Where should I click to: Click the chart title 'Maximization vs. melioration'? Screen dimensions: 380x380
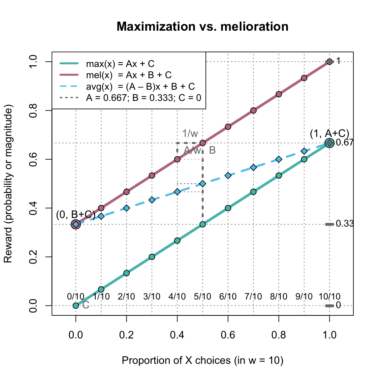point(202,26)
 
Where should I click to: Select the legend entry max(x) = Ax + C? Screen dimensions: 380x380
point(120,64)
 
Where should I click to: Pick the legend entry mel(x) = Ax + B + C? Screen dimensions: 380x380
point(129,75)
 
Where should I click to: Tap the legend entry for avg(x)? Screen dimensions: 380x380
point(140,86)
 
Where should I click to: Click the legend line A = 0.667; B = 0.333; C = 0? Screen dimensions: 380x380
point(143,98)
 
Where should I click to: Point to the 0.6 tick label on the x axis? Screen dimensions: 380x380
point(228,335)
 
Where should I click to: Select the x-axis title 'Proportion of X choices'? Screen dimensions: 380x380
point(202,360)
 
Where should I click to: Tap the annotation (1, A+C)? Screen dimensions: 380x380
point(329,133)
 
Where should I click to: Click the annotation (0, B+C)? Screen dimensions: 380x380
point(76,215)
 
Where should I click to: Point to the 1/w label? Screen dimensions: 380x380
point(190,134)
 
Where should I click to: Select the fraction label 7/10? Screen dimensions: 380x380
point(253,297)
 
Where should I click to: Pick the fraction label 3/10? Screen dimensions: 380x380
point(152,297)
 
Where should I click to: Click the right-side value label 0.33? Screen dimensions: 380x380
point(345,224)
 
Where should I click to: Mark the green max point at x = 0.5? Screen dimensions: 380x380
point(203,224)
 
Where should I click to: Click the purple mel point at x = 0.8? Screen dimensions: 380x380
point(279,94)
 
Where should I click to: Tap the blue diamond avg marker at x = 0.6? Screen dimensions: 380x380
point(228,175)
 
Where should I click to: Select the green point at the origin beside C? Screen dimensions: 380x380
point(76,305)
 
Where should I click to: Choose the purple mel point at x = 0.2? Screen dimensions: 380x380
point(126,192)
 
